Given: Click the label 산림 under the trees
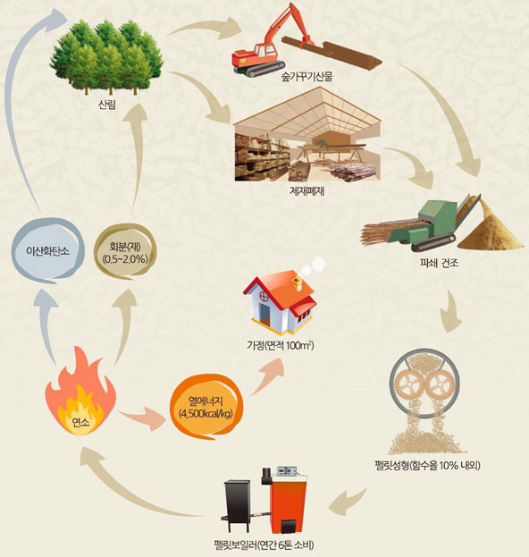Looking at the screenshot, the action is [x=107, y=105].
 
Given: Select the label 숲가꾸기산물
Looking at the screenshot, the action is [x=307, y=77].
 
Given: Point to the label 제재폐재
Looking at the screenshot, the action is [x=307, y=191].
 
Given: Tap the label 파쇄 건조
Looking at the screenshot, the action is [x=439, y=263].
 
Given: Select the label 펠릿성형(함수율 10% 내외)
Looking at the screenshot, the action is [x=427, y=465].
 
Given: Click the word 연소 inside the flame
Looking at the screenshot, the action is [x=80, y=422].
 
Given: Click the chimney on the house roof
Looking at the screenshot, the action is [x=297, y=284].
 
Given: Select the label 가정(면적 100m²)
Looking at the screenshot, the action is [x=280, y=345].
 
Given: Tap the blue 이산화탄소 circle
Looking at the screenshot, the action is [x=48, y=251].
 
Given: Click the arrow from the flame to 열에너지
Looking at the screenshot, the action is [x=142, y=419].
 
